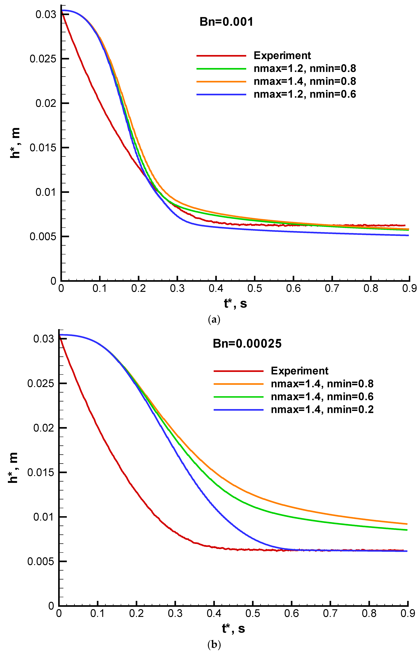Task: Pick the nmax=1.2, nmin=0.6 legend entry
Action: [x=305, y=94]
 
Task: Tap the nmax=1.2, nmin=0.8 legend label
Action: [x=305, y=69]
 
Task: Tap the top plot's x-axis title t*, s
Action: [x=235, y=303]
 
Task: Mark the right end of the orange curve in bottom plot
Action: [x=407, y=524]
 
